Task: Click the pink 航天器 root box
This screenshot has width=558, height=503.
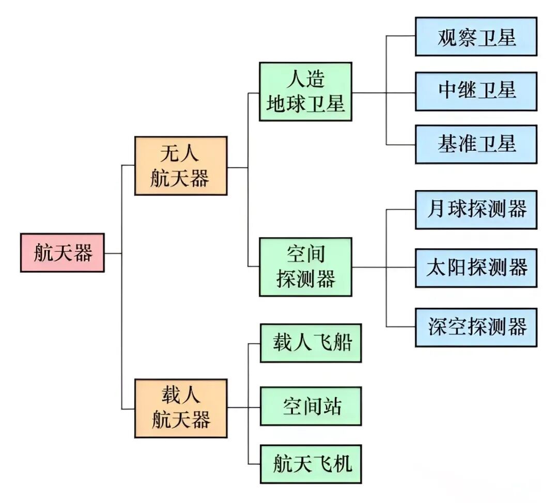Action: pyautogui.click(x=62, y=253)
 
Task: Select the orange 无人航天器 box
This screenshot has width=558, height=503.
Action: pyautogui.click(x=180, y=166)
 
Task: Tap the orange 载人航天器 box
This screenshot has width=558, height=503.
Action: pyautogui.click(x=180, y=408)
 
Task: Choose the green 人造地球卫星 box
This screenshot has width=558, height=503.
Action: pyautogui.click(x=305, y=92)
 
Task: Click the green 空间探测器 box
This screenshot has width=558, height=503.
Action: pyautogui.click(x=305, y=267)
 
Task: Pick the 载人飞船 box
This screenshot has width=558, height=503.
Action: pyautogui.click(x=310, y=343)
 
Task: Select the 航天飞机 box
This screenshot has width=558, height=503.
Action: pyautogui.click(x=310, y=464)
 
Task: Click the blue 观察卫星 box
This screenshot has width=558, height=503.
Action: pyautogui.click(x=476, y=37)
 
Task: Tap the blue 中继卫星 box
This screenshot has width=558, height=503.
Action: pyautogui.click(x=476, y=91)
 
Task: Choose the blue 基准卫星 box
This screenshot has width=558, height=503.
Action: pyautogui.click(x=476, y=144)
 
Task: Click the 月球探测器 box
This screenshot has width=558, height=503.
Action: pyautogui.click(x=476, y=209)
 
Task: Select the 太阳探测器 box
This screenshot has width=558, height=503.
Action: pyautogui.click(x=476, y=268)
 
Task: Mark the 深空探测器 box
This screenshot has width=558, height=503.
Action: pyautogui.click(x=476, y=327)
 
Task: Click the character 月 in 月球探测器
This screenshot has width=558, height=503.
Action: pyautogui.click(x=437, y=209)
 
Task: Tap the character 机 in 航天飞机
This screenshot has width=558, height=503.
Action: pyautogui.click(x=342, y=464)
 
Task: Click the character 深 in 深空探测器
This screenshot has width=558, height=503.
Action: pyautogui.click(x=437, y=327)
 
